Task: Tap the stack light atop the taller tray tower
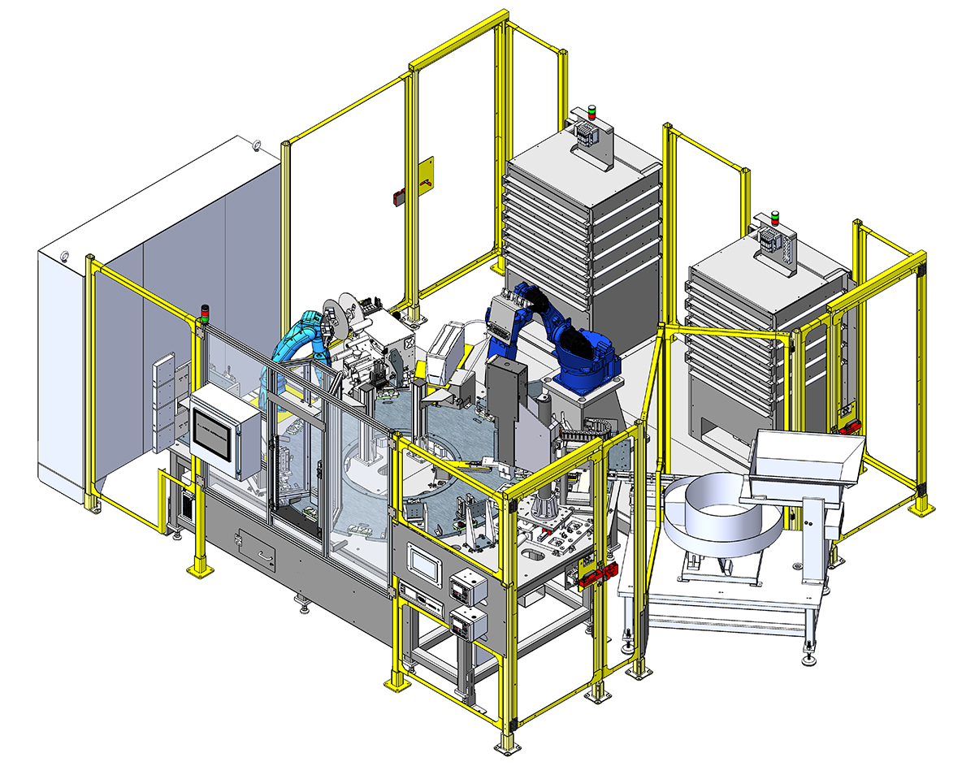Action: click(591, 112)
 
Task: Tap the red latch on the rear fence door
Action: click(399, 196)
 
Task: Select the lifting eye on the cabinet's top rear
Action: click(257, 145)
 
